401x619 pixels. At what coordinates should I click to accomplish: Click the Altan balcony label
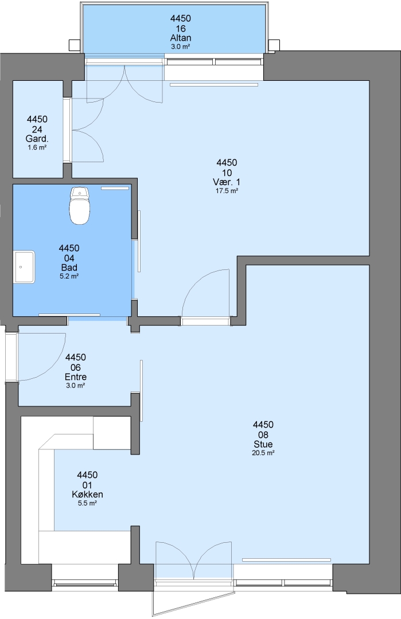[181, 38]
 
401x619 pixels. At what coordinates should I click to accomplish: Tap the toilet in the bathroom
[80, 206]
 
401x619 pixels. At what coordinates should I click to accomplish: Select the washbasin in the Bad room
[24, 267]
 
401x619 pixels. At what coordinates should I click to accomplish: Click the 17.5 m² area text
[227, 191]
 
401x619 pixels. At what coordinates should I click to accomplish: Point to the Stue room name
[263, 444]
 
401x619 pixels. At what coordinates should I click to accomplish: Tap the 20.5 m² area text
[263, 453]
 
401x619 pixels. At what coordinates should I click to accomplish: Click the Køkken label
[87, 494]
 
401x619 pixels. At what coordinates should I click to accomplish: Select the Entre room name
[76, 377]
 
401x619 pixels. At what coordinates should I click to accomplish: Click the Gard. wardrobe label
[37, 139]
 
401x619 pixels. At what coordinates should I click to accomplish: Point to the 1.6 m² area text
[37, 148]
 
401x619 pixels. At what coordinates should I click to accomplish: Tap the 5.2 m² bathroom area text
[69, 276]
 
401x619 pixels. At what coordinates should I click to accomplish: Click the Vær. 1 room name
[227, 182]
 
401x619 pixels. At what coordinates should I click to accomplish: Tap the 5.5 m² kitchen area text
[87, 503]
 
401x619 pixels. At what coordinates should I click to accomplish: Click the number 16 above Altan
[181, 29]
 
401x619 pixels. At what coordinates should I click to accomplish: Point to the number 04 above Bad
[69, 258]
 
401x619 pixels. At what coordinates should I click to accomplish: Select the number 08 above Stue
[263, 434]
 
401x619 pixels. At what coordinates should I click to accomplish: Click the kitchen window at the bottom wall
[85, 583]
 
